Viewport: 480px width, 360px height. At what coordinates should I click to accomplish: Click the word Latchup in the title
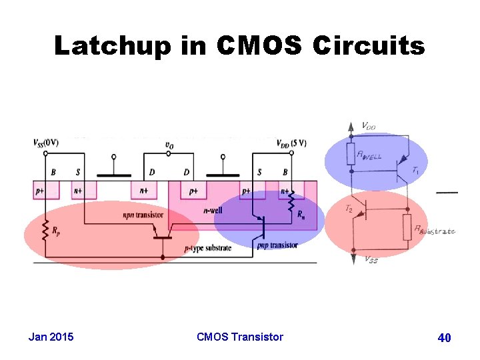click(x=112, y=46)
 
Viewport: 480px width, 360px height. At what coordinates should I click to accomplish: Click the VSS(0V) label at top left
click(x=45, y=142)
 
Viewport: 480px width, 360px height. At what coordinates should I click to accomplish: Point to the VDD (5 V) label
click(x=291, y=142)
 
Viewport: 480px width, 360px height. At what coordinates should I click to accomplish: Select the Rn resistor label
click(x=303, y=215)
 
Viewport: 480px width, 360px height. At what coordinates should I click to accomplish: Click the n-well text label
click(x=214, y=210)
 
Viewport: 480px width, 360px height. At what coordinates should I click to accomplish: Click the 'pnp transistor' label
click(x=277, y=245)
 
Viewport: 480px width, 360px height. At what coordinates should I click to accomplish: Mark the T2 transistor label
click(x=349, y=209)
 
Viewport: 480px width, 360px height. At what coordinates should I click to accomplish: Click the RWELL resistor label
click(x=370, y=157)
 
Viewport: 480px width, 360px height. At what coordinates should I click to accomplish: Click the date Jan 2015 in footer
click(x=51, y=337)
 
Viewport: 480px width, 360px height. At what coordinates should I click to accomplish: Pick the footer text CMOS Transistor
click(x=240, y=337)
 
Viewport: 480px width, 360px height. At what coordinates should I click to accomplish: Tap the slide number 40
click(x=445, y=338)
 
